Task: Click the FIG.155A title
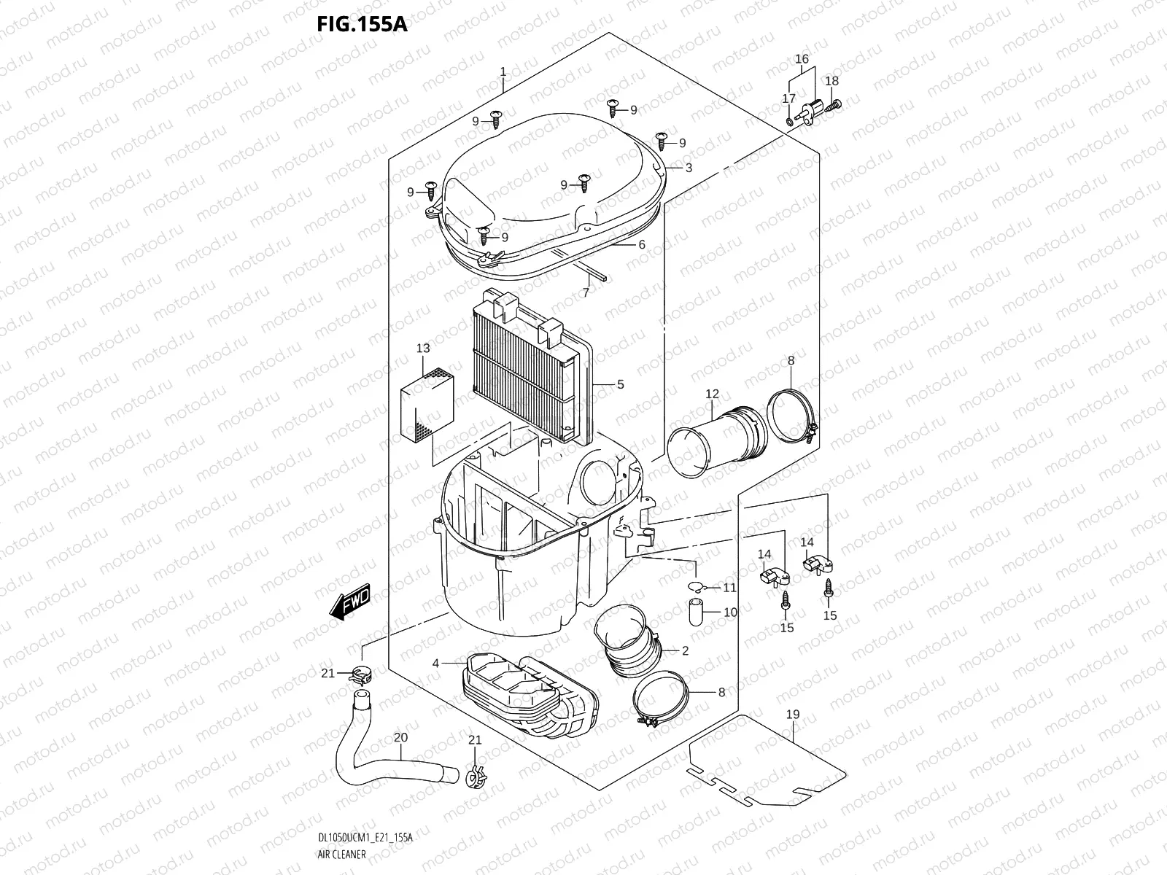pos(361,25)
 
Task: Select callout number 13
pos(424,349)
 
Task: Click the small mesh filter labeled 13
pos(427,407)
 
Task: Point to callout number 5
pos(620,384)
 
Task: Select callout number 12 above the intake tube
pos(713,394)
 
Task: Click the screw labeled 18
pos(834,104)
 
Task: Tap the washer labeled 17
pos(791,119)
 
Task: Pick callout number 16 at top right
pos(802,59)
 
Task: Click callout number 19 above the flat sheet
pos(793,715)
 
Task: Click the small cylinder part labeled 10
pos(695,612)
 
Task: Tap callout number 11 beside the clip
pos(729,588)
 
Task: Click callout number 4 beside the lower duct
pos(435,664)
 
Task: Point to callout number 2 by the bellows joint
pos(685,651)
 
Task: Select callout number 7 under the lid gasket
pos(585,292)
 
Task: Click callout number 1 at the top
pos(503,71)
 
